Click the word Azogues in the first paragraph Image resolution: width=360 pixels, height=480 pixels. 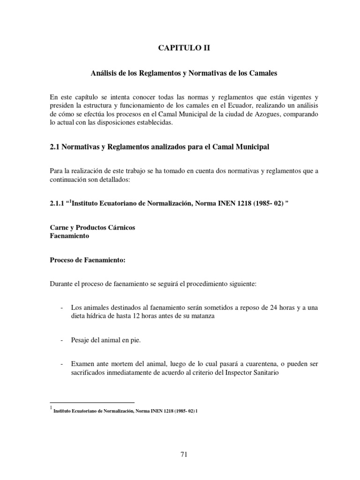[250, 115]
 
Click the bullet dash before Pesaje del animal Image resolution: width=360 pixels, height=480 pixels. [63, 341]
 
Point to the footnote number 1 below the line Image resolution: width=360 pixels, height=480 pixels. [51, 408]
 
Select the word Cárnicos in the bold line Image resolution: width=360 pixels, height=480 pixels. [120, 228]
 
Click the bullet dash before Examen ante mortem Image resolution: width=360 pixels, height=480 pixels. [63, 364]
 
